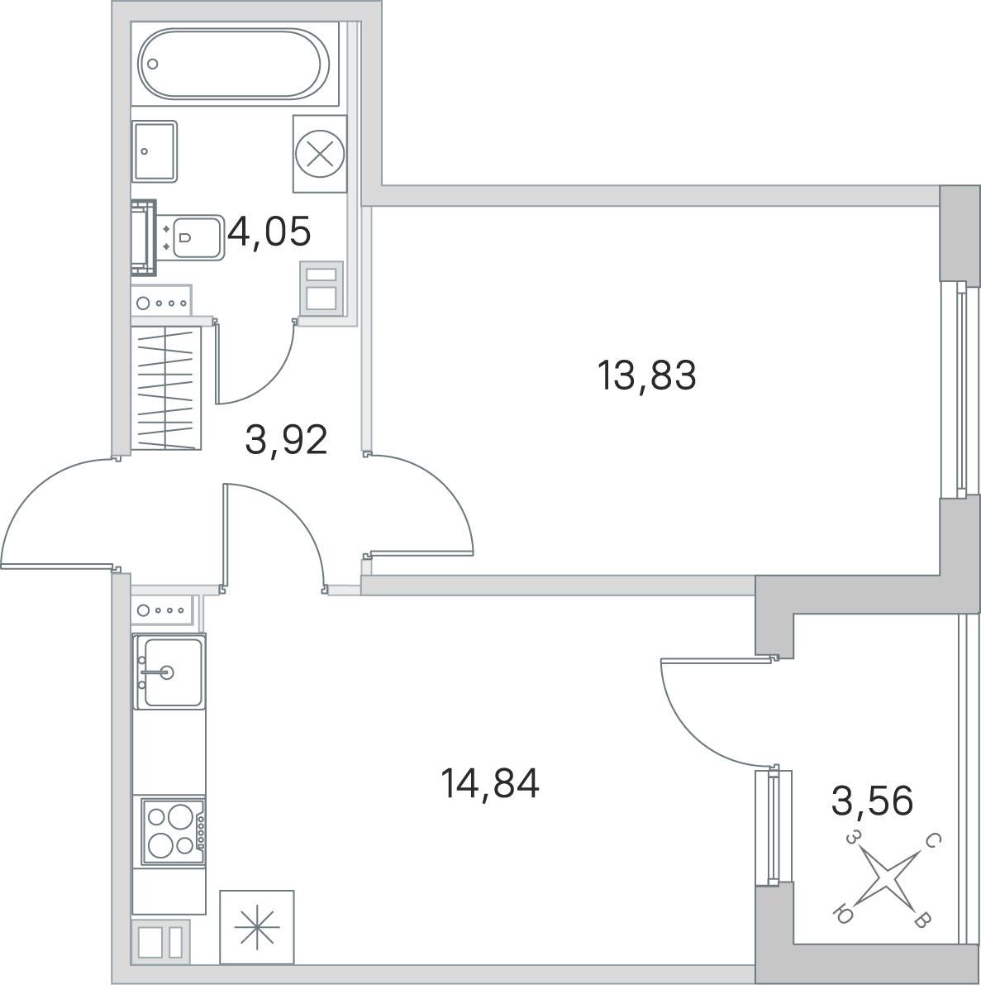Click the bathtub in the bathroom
coord(234,64)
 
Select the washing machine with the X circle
coord(320,153)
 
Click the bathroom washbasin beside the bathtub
coord(155,151)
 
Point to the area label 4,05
coord(269,232)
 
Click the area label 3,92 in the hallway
coord(286,439)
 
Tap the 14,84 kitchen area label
coord(490,783)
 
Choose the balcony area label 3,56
coord(872,801)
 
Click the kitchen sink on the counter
coord(169,672)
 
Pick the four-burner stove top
coord(174,832)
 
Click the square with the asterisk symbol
coord(257,926)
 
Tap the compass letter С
coord(933,839)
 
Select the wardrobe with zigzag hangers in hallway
coord(166,388)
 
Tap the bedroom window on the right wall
coord(960,390)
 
